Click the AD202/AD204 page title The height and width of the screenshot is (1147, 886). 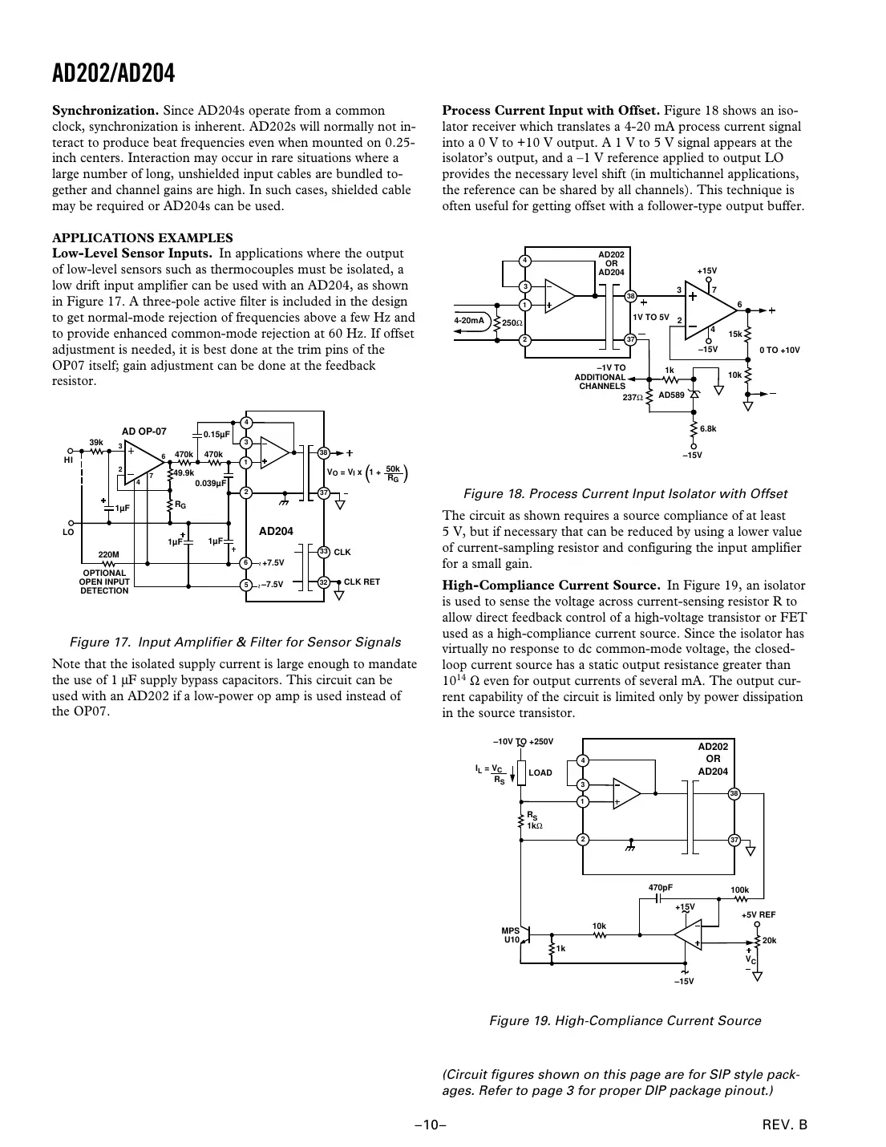(113, 74)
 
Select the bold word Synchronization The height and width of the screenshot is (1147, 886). (105, 111)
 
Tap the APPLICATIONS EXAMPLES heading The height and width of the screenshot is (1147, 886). (142, 237)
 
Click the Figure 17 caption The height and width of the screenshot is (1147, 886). (235, 642)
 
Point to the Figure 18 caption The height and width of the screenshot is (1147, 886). (625, 493)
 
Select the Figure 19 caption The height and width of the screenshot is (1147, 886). (625, 1020)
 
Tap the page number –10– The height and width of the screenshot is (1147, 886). (430, 1125)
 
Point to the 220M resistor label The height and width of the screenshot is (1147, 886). (108, 554)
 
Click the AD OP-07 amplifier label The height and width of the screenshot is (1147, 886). (144, 431)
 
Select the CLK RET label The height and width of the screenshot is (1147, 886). (362, 582)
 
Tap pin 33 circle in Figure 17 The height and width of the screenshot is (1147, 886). (323, 552)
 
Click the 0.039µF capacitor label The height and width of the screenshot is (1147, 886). (212, 483)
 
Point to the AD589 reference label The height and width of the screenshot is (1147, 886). (671, 395)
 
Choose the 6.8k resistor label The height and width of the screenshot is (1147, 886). (708, 429)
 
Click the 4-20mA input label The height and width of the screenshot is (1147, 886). (469, 320)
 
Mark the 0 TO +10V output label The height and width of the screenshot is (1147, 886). (779, 350)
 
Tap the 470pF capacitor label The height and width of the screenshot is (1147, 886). (660, 887)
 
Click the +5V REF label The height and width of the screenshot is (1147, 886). (758, 914)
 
